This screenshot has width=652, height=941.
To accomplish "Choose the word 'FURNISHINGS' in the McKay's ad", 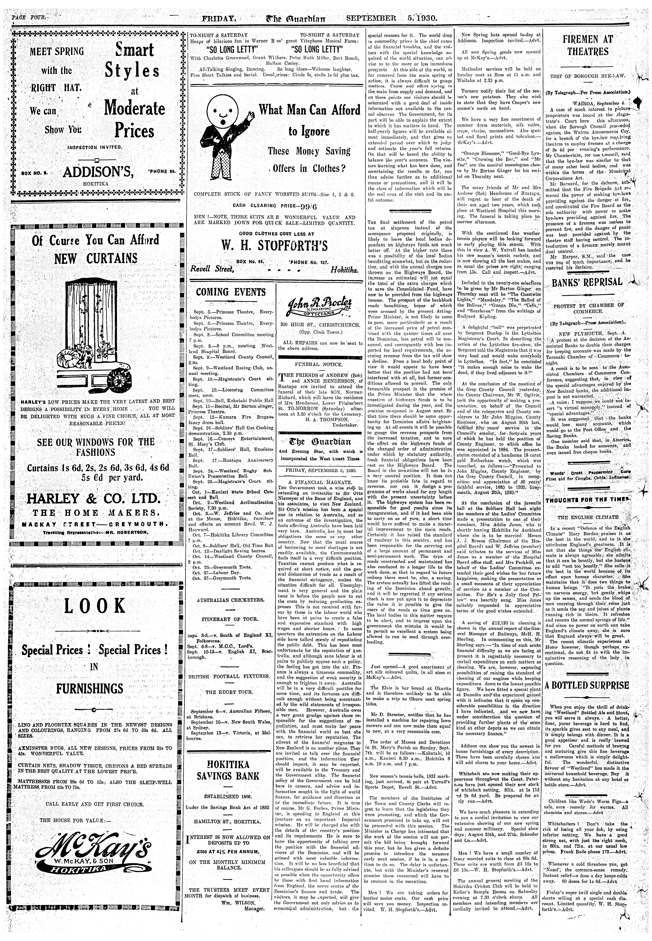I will coord(90,688).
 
